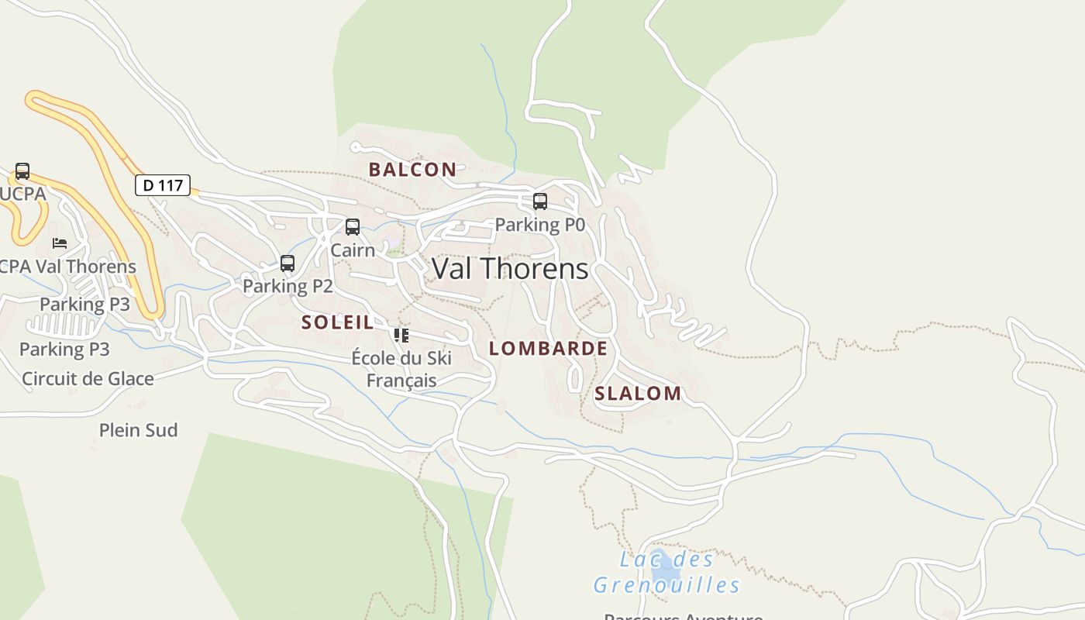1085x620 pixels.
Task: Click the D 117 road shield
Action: [x=163, y=185]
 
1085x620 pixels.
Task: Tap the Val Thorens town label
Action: [x=510, y=269]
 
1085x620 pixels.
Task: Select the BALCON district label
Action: [x=412, y=170]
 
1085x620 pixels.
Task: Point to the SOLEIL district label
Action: [x=337, y=322]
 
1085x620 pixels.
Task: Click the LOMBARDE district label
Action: [x=548, y=349]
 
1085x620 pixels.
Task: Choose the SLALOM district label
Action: [x=638, y=394]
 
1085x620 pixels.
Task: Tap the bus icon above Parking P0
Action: [x=540, y=201]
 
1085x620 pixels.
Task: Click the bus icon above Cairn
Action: [x=353, y=227]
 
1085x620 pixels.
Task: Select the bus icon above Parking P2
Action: [x=288, y=263]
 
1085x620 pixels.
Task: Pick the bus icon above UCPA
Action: [x=22, y=171]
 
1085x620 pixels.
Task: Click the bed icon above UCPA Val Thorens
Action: [x=60, y=243]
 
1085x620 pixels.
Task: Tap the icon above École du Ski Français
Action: [x=401, y=336]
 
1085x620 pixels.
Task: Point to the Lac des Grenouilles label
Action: [x=666, y=572]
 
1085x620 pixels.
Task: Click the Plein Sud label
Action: [x=139, y=430]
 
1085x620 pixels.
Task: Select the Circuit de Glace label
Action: [x=88, y=379]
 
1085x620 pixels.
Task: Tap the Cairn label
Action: [x=353, y=250]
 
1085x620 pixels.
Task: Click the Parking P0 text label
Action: [x=539, y=225]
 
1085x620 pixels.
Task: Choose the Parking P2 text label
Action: [x=288, y=286]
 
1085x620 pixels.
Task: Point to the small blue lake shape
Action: [x=665, y=570]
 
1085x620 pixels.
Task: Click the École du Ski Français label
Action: [x=401, y=369]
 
